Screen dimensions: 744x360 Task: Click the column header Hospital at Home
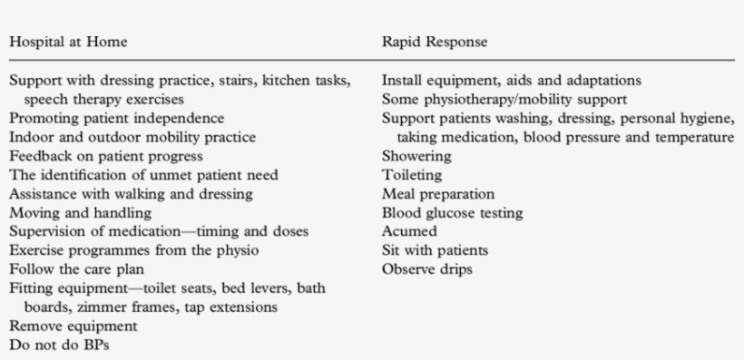[x=68, y=41]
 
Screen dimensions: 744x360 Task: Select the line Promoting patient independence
[x=117, y=118]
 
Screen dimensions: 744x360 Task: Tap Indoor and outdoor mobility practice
[x=132, y=137]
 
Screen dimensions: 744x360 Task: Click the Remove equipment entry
[x=73, y=326]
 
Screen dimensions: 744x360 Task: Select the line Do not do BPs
[x=57, y=345]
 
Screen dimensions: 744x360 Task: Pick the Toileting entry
[x=412, y=174]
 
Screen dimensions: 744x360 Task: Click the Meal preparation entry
[x=438, y=193]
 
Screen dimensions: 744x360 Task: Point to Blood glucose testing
[x=452, y=212]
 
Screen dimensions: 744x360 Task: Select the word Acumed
[x=409, y=231]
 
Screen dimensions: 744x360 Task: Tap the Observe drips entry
[x=427, y=269]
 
